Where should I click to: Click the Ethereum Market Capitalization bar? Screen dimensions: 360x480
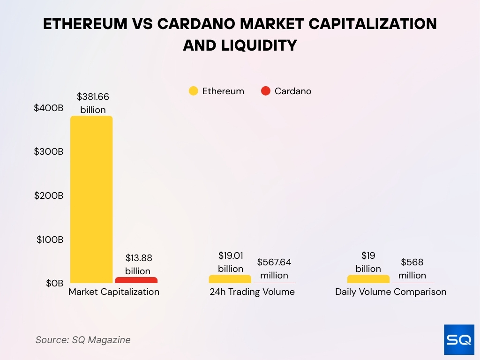(x=91, y=199)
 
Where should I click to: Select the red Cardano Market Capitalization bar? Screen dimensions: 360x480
(x=136, y=280)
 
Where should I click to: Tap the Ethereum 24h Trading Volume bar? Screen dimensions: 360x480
(x=230, y=279)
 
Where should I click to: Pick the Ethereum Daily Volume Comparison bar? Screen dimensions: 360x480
(x=368, y=279)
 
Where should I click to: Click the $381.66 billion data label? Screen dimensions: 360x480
(x=93, y=103)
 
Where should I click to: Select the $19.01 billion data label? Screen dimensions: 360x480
(x=230, y=262)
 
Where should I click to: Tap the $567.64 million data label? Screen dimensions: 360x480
(x=274, y=269)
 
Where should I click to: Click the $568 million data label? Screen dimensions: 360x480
(x=412, y=269)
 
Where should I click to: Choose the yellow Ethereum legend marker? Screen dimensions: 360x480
(x=193, y=91)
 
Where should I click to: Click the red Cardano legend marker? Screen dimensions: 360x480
(x=266, y=91)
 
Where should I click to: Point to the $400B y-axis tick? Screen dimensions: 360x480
(x=48, y=108)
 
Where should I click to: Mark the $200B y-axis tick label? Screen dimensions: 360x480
(x=48, y=195)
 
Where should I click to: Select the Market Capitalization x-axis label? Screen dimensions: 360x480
(x=114, y=292)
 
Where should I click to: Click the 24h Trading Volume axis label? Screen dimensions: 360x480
(x=252, y=292)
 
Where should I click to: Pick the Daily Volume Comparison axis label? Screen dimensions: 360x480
(x=390, y=292)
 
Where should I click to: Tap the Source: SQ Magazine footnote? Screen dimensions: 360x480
(x=83, y=340)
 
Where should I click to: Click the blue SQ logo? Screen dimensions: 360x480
(x=459, y=339)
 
